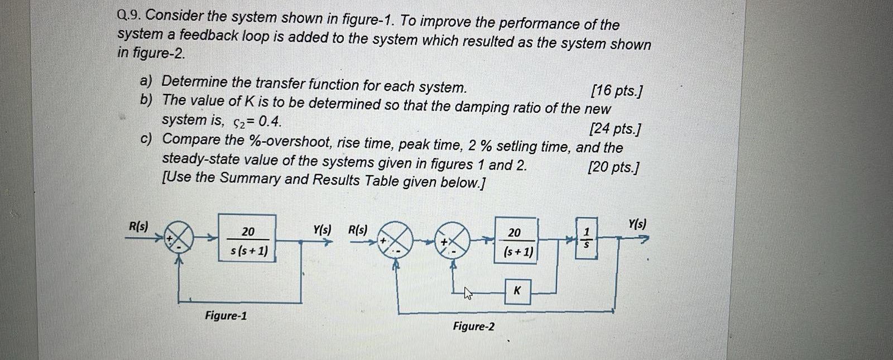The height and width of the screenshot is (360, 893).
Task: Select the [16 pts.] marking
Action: tap(617, 90)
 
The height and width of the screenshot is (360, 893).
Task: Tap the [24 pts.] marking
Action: tap(615, 129)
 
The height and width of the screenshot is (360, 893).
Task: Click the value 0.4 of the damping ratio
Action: tap(266, 121)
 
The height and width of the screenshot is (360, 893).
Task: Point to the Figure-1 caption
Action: tap(225, 316)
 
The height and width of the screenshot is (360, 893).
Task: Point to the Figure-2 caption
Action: tap(473, 326)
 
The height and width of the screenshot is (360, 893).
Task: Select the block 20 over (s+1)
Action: tap(515, 241)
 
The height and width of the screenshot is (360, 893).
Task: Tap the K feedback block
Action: tap(517, 291)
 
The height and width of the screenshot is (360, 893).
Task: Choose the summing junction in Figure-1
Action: tap(179, 239)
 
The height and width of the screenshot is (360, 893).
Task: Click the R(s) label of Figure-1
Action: tap(138, 226)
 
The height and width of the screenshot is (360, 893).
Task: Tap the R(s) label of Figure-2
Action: tap(358, 229)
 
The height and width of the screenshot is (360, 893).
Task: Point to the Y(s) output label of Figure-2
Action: tap(637, 224)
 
